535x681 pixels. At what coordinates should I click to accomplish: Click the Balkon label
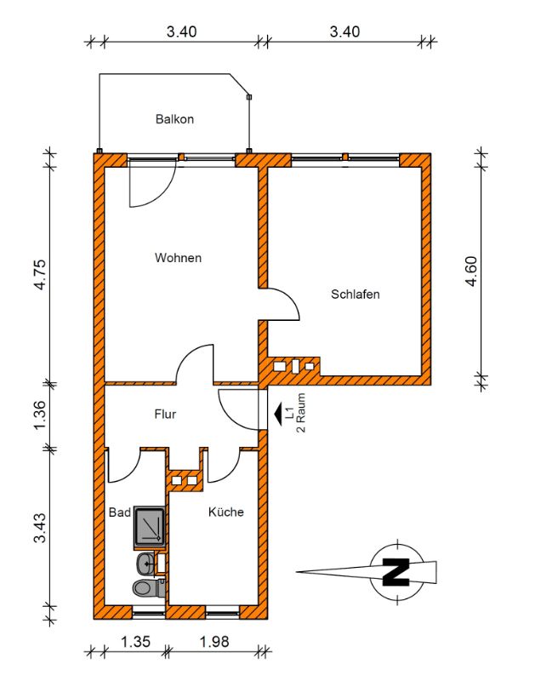coord(174,119)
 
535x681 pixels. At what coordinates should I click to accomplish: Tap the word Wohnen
coord(178,257)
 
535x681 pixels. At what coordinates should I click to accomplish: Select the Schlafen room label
coord(355,295)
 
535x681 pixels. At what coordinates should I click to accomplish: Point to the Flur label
coord(165,415)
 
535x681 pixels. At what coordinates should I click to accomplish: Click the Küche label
coord(226,512)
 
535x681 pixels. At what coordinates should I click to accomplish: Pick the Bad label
coord(119,512)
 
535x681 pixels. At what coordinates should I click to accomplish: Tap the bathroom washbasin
coord(147,563)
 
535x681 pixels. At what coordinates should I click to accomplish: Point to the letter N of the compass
coord(394,570)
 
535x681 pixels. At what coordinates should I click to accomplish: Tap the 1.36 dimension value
coord(39,416)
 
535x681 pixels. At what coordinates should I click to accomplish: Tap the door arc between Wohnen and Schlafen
coord(286,305)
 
